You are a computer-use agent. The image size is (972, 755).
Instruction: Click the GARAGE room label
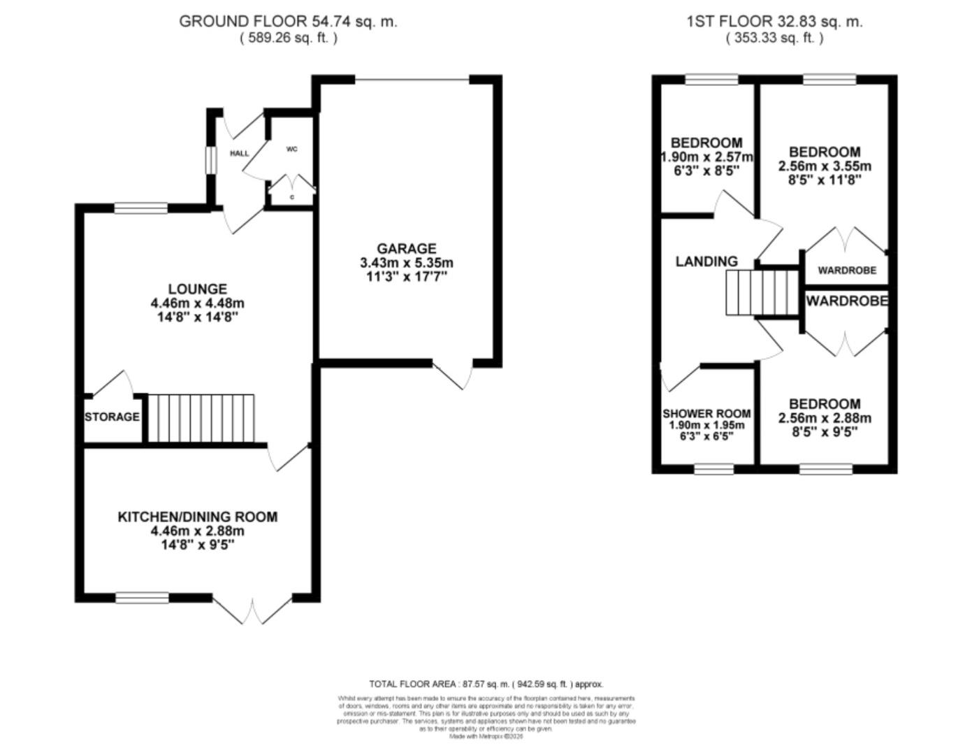pos(406,248)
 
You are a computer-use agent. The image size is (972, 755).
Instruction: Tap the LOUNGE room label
pos(197,289)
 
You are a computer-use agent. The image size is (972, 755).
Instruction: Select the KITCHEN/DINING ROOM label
pos(197,517)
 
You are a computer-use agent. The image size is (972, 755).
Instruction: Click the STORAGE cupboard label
pos(112,417)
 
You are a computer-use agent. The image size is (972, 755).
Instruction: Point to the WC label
pos(291,149)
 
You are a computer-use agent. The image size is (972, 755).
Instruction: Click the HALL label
pos(239,153)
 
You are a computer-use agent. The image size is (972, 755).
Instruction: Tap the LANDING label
pos(706,261)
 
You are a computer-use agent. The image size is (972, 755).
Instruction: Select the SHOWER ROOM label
pos(706,414)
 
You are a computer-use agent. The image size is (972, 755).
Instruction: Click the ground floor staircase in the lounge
pos(201,418)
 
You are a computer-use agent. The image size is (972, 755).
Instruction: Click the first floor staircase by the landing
pos(761,293)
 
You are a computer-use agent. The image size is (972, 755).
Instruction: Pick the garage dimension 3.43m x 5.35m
pos(406,263)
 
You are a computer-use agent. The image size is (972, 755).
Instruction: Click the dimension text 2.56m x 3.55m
pos(825,166)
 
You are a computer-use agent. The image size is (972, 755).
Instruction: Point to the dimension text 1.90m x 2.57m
pos(706,157)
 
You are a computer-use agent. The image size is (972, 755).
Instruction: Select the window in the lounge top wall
pos(141,208)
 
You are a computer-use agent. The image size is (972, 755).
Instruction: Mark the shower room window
pos(713,469)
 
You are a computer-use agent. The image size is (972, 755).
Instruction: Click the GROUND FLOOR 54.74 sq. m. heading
pos(288,21)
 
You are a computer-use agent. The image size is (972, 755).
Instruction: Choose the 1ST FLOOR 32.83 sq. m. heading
pos(774,21)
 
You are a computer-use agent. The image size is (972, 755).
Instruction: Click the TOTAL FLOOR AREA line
pos(486,684)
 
